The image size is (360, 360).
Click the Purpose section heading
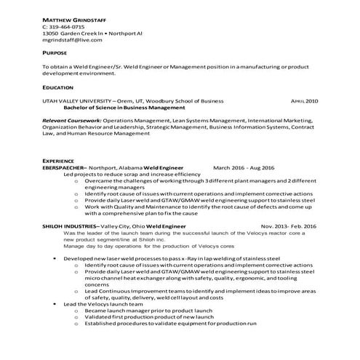point(55,53)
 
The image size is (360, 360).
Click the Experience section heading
point(59,159)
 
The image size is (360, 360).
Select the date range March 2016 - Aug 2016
point(244,167)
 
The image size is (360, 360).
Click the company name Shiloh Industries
point(71,227)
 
